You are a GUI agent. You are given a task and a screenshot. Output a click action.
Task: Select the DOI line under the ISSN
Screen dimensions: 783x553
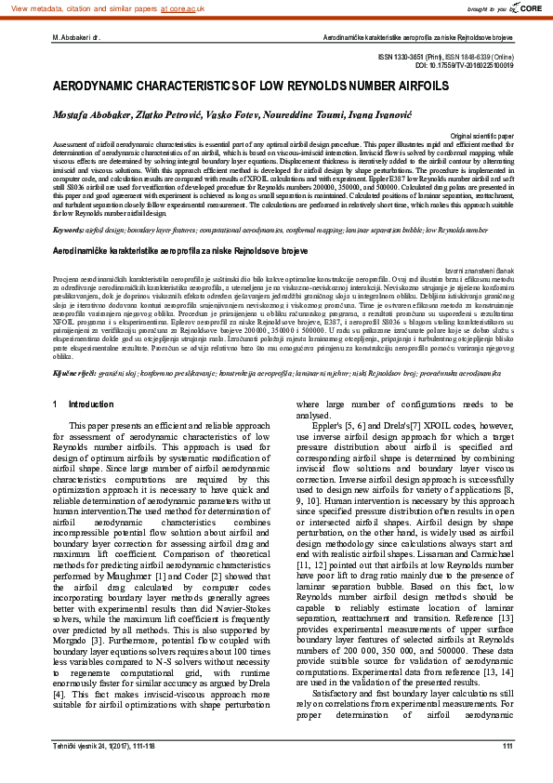coord(461,67)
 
